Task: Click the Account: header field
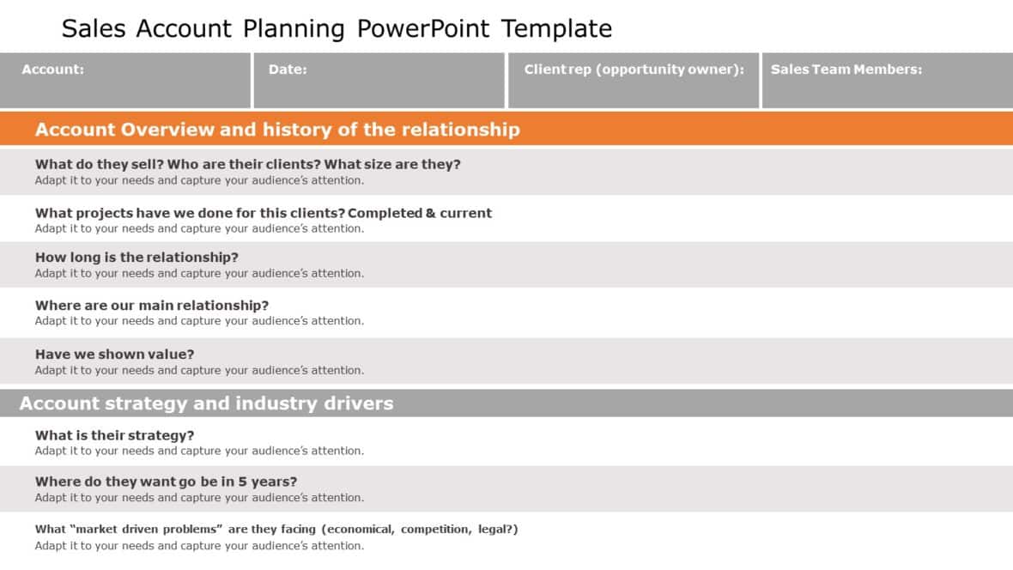point(125,81)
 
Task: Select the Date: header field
point(379,81)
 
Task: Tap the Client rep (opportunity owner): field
point(633,81)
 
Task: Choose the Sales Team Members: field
point(887,81)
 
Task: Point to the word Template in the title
point(556,29)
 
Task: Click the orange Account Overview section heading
point(276,130)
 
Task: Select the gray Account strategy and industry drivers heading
point(206,403)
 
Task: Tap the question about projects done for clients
point(263,213)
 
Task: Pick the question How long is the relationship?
point(136,258)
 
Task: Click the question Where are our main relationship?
point(151,306)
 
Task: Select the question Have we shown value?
point(114,354)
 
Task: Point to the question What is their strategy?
point(114,435)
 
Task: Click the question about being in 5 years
point(166,482)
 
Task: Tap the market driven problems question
point(276,530)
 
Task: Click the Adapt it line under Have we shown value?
point(199,371)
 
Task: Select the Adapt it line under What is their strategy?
point(199,452)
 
